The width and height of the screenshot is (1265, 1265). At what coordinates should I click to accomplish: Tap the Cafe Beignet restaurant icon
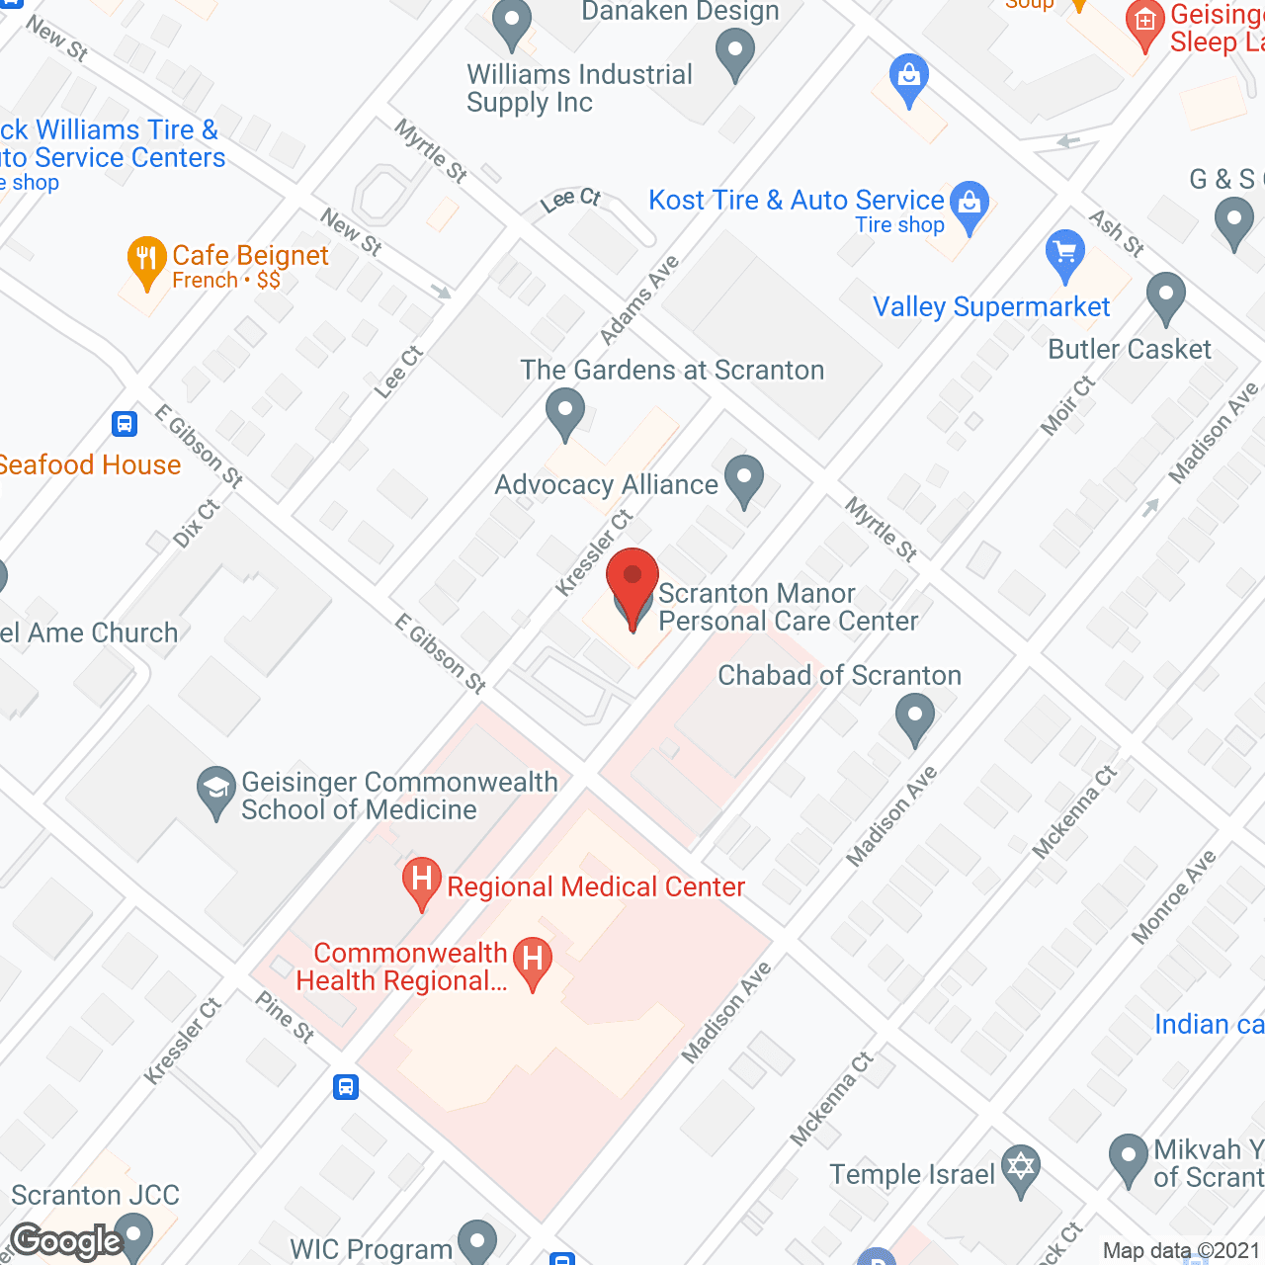click(146, 261)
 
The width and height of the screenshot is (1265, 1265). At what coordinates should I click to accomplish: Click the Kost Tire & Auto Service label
click(797, 201)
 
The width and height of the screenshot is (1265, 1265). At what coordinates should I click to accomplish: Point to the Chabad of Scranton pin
click(915, 717)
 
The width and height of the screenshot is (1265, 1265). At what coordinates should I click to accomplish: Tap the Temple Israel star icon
click(1021, 1167)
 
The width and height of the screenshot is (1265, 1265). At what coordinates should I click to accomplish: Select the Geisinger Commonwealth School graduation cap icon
click(215, 791)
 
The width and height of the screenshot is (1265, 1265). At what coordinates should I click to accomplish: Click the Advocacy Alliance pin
click(744, 479)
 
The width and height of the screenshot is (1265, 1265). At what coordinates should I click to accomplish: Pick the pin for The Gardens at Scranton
click(565, 412)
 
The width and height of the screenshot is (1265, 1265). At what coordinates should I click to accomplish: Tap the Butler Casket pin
click(1166, 295)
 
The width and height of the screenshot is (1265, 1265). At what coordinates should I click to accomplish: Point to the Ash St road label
click(1117, 233)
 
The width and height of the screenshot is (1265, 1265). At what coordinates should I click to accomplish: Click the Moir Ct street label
click(1067, 405)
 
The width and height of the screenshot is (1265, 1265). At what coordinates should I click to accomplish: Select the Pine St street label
click(285, 1017)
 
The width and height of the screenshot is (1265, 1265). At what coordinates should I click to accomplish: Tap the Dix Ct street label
click(196, 524)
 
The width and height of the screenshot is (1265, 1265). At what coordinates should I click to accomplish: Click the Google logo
click(66, 1241)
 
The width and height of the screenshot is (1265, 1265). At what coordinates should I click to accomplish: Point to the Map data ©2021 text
click(1181, 1251)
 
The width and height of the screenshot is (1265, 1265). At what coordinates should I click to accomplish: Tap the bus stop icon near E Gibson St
click(125, 424)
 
